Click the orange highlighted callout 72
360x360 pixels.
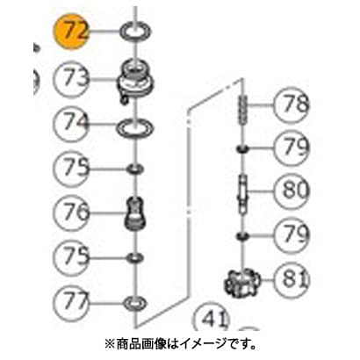click(70, 32)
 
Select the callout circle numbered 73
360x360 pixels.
click(71, 79)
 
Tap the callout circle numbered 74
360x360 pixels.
click(71, 125)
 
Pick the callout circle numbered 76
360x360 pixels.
click(71, 212)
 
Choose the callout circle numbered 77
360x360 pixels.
click(71, 302)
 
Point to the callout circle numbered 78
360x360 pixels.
click(292, 104)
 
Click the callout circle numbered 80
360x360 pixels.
click(292, 191)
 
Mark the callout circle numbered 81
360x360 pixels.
click(292, 280)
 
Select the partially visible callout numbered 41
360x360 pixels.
click(212, 319)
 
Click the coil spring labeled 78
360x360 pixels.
click(243, 111)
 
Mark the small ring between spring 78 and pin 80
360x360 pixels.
click(242, 149)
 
